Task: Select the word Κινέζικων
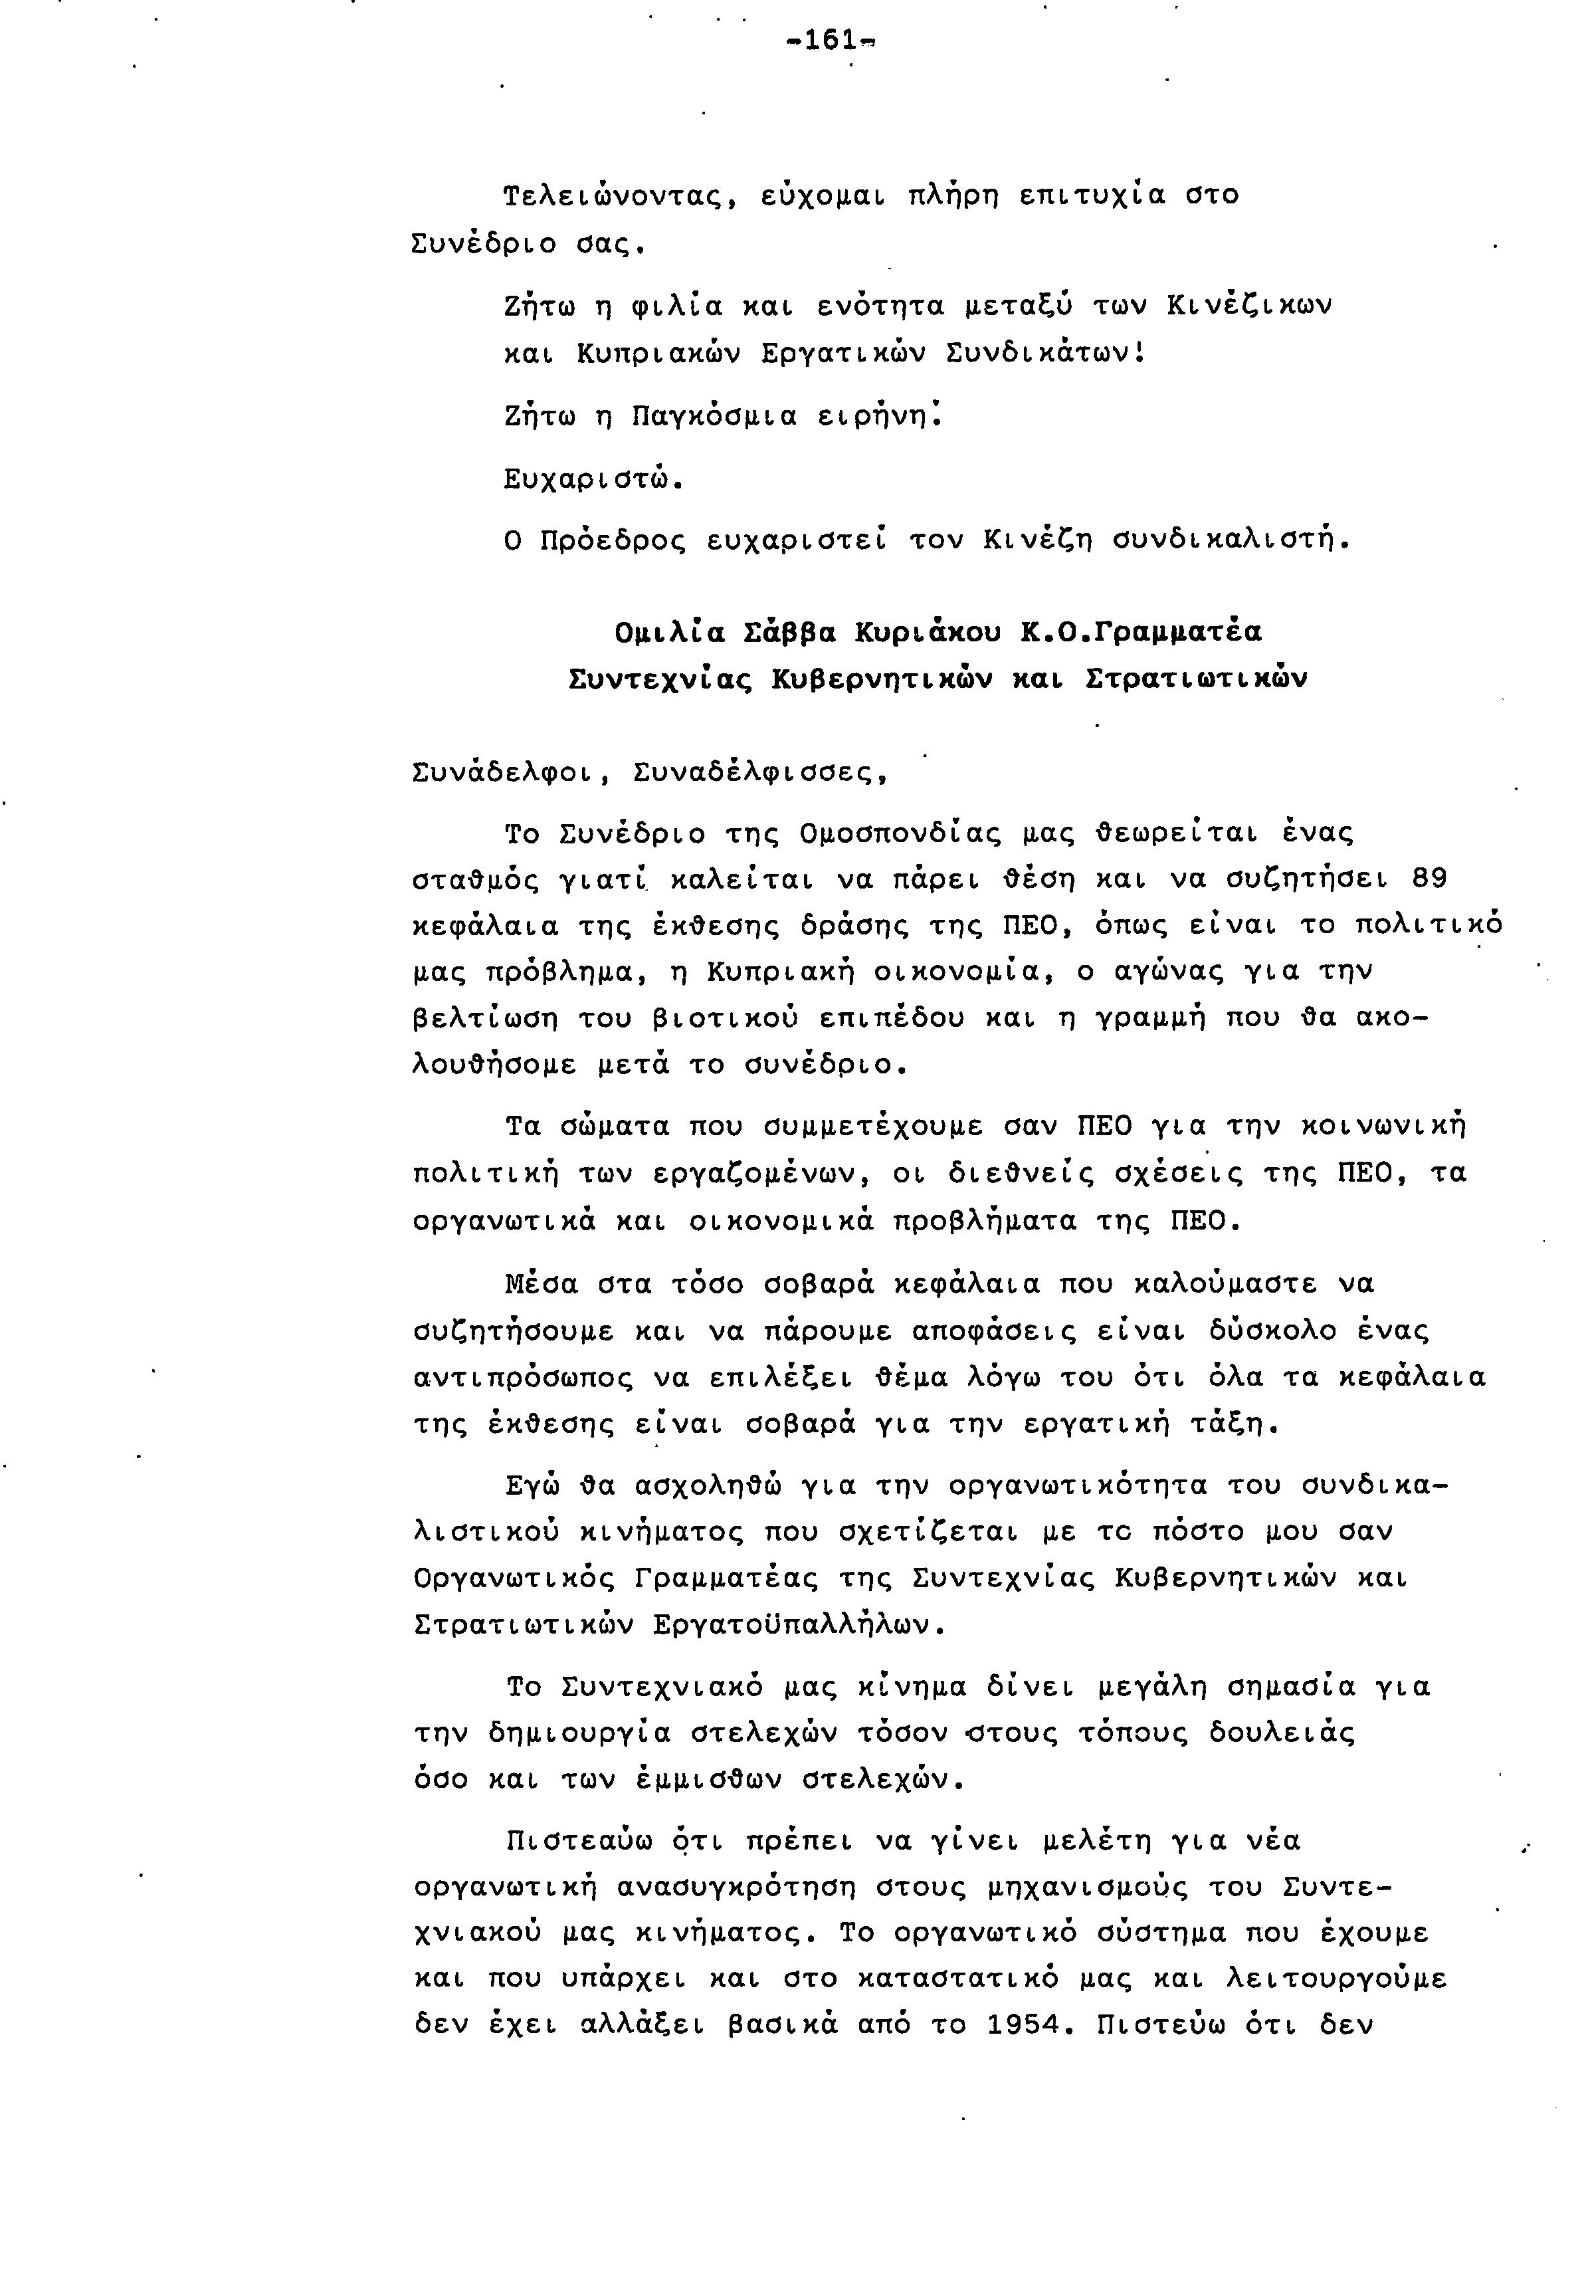(1249, 305)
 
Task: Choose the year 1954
(1027, 2025)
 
